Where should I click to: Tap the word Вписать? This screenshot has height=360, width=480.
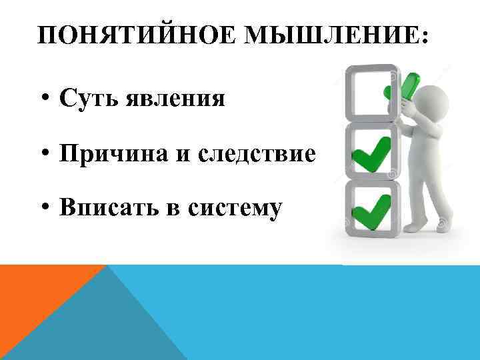pos(105,208)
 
